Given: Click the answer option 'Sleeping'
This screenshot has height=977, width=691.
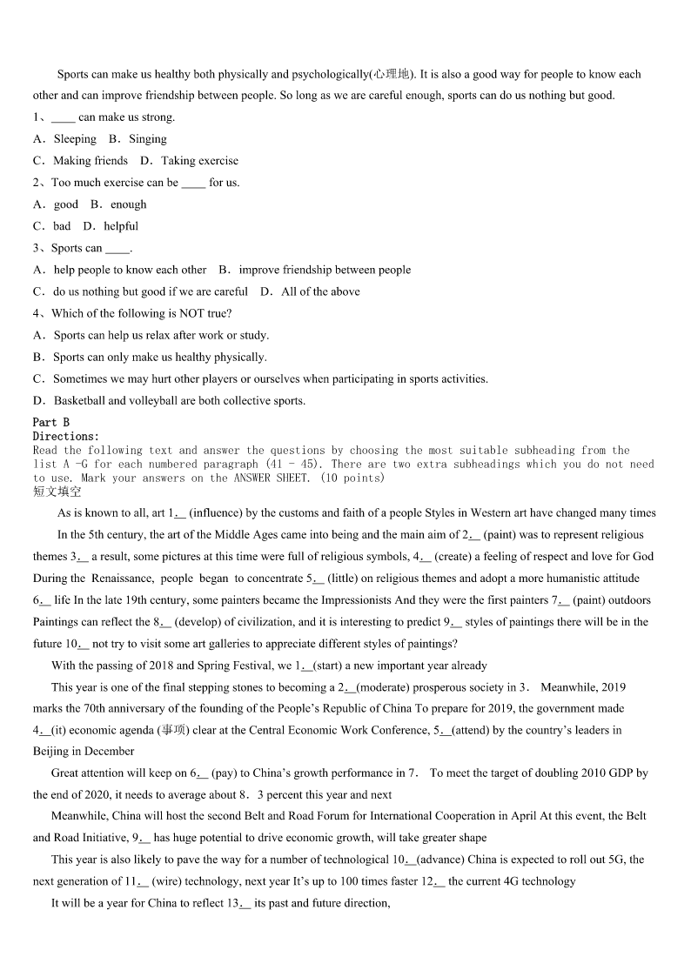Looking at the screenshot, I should (x=75, y=139).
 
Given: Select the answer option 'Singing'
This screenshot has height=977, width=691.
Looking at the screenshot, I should (x=148, y=139).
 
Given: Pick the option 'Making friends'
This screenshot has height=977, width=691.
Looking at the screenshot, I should (x=91, y=161).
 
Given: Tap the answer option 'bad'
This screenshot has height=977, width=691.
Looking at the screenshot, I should (x=62, y=226).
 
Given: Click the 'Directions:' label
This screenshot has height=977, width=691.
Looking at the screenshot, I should (x=66, y=436).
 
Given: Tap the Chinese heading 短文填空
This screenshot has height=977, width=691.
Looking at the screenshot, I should (x=57, y=492).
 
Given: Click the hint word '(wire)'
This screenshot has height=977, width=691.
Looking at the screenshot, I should (x=168, y=881).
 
